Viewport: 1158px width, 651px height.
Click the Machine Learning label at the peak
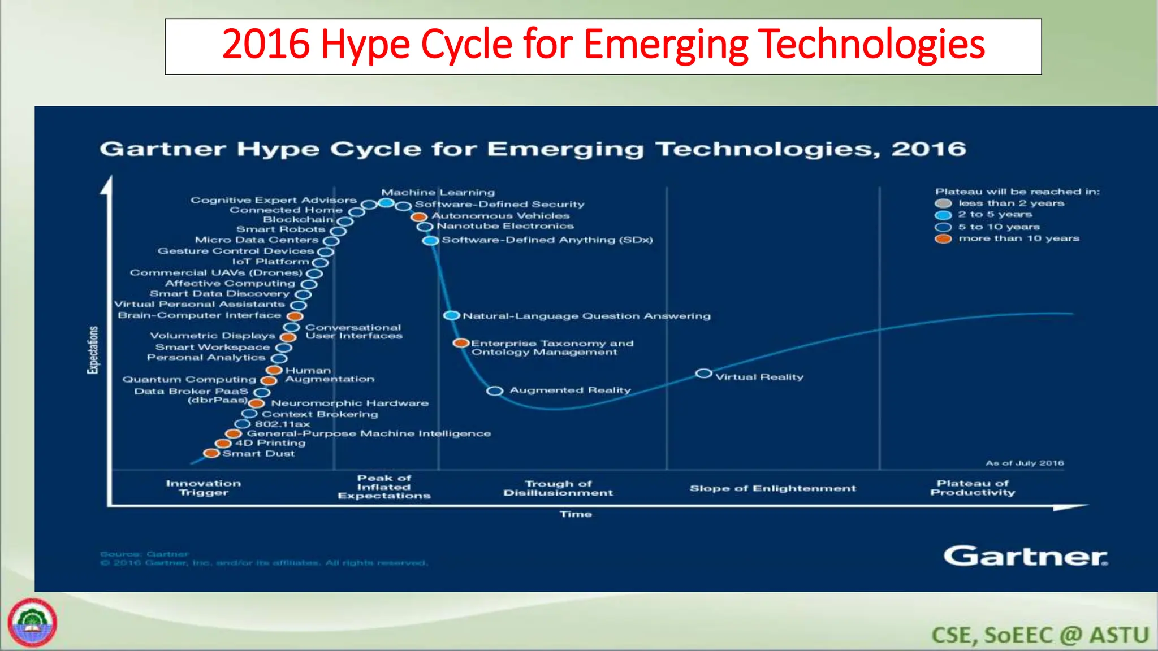[438, 193]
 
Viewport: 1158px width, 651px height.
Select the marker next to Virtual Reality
[703, 374]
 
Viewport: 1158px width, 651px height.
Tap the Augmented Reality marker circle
[495, 391]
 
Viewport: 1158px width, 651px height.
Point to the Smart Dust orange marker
[211, 453]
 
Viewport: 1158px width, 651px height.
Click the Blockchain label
[298, 220]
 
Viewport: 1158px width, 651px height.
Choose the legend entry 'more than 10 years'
[1018, 238]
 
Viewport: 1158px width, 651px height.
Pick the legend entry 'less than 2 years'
[1010, 203]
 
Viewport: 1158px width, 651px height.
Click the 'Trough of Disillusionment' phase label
[558, 488]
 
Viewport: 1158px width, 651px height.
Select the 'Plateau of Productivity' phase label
[973, 488]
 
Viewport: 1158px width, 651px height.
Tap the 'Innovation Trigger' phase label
[204, 488]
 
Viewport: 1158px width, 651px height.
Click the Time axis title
[576, 514]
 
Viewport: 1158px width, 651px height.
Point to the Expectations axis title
[92, 350]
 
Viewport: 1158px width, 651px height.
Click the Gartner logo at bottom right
[1025, 556]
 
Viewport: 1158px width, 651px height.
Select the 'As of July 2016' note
[1025, 463]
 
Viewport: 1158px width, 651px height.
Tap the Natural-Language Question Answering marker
[451, 315]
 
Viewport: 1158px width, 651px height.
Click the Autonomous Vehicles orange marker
[419, 217]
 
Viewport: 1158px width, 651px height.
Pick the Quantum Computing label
[189, 380]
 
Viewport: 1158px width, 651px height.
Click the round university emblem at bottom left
[32, 623]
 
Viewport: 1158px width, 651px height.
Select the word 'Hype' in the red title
[365, 45]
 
